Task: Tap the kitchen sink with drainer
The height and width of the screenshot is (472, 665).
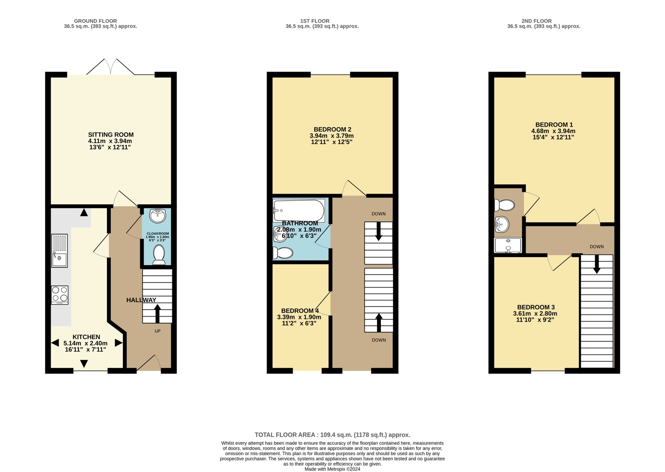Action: point(59,250)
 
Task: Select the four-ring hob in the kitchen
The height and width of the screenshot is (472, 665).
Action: point(60,295)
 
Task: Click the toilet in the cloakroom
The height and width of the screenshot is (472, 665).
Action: point(159,255)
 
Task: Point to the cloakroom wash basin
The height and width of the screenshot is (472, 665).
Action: point(157,216)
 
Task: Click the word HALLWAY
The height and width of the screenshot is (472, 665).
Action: point(141,300)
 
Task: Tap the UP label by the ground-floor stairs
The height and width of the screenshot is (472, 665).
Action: point(158,331)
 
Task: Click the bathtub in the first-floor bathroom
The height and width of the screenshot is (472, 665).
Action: point(299,210)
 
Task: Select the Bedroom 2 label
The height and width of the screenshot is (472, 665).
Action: point(332,129)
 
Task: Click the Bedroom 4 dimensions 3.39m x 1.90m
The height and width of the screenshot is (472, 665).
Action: point(299,317)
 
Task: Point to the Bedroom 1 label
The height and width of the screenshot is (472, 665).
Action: point(554,125)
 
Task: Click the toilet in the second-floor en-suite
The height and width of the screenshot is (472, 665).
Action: point(504,205)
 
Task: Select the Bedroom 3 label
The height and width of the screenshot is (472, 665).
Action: point(536,307)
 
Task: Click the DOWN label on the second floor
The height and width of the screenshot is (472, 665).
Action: point(597,247)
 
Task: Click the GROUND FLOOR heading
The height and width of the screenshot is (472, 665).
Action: point(96,21)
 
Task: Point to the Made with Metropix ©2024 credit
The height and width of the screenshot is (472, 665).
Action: point(332,469)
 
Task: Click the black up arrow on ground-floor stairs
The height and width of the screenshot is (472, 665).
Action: point(158,313)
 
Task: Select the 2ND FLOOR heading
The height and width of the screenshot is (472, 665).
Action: point(536,21)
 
